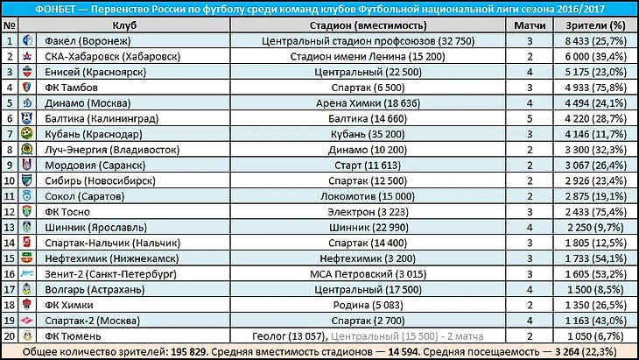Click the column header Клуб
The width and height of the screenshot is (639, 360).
click(x=124, y=25)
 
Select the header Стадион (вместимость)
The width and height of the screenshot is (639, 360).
click(x=368, y=25)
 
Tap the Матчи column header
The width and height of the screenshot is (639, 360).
click(x=530, y=25)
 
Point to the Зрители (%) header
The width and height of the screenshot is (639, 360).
click(x=595, y=25)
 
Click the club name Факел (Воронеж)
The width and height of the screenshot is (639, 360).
click(x=88, y=41)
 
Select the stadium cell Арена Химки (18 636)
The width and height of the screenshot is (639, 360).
click(x=368, y=103)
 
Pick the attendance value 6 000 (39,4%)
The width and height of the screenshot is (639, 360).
click(x=595, y=56)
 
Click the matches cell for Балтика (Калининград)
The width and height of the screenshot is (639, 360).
click(x=530, y=118)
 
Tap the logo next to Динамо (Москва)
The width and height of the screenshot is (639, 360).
click(x=27, y=102)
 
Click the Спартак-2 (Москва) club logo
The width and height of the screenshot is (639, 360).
click(x=27, y=321)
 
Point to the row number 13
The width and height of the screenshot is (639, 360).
click(x=10, y=228)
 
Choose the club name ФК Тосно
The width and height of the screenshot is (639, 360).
click(x=67, y=212)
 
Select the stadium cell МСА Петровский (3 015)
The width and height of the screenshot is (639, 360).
click(x=368, y=274)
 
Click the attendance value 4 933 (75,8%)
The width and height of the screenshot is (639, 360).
click(x=595, y=88)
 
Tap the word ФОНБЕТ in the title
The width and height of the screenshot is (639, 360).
click(x=55, y=9)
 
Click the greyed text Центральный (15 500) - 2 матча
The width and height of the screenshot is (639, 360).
click(x=407, y=336)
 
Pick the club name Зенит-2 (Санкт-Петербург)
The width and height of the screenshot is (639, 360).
click(x=110, y=274)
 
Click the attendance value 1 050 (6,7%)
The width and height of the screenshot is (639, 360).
click(x=595, y=336)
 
